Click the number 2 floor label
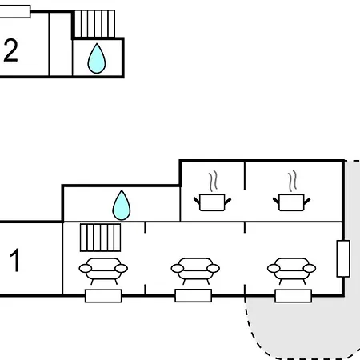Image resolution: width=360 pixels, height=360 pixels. [x=10, y=50]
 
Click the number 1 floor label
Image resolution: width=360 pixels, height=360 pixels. [x=15, y=260]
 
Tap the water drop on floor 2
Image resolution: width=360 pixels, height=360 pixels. [x=97, y=58]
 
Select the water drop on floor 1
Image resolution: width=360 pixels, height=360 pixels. [x=122, y=205]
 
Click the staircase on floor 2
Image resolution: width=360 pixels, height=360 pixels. [x=94, y=24]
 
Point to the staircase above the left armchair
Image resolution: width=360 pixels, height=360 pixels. [x=101, y=238]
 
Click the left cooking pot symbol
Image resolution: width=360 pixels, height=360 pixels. [x=212, y=202]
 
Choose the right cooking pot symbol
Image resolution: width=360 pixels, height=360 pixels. [x=291, y=202]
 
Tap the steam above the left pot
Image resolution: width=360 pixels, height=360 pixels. [x=213, y=181]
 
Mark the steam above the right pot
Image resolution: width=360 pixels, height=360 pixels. [x=293, y=181]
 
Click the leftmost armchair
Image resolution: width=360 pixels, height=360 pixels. [x=103, y=270]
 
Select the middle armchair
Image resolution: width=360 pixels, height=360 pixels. [x=195, y=270]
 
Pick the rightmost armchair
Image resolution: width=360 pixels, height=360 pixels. [x=291, y=270]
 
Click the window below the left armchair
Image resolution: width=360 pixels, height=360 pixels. [x=103, y=296]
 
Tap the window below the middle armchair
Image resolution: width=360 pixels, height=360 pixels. [x=194, y=296]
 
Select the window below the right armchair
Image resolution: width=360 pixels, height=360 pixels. [x=294, y=296]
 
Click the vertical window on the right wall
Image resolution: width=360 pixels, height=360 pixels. [x=343, y=258]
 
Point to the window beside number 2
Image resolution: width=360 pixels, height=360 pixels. [x=15, y=11]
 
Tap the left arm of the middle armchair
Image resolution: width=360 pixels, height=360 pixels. [x=178, y=268]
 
